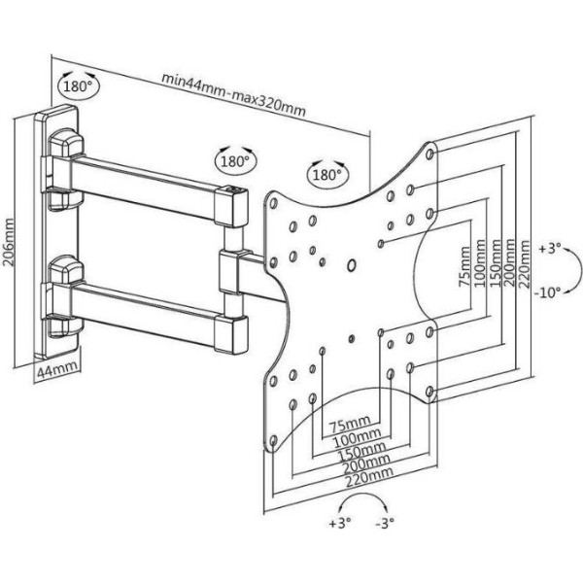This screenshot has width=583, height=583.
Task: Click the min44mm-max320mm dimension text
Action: [x=234, y=94]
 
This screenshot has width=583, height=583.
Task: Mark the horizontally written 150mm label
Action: [x=354, y=448]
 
